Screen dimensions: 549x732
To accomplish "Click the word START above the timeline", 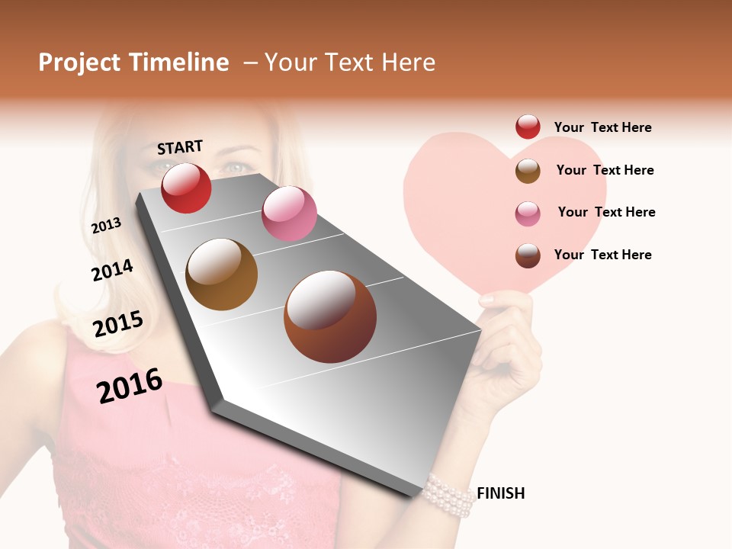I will coord(180,146).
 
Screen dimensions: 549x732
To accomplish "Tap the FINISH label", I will coord(500,493).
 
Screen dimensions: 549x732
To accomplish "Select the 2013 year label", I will coord(106,226).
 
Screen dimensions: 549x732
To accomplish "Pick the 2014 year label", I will coord(112,271).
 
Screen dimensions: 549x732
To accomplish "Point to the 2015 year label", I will coord(118,324).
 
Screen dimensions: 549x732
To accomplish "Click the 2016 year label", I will coord(130,386).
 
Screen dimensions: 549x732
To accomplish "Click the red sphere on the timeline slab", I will coord(186,188).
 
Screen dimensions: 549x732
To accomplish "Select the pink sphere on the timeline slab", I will coord(289,213).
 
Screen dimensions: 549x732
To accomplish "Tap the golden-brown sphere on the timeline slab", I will coord(221,274).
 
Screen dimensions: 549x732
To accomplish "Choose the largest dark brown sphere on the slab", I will coord(330,316).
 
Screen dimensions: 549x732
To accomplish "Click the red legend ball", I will coord(528,127).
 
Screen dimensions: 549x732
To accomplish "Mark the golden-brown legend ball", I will coord(528,171).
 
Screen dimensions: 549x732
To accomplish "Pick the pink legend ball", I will coord(528,213).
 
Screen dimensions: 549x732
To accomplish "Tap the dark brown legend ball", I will coord(528,255).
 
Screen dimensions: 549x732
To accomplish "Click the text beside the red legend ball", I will coord(602,127).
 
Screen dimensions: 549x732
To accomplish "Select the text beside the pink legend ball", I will coord(606,212).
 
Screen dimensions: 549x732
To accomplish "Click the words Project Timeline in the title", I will coord(133,63).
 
